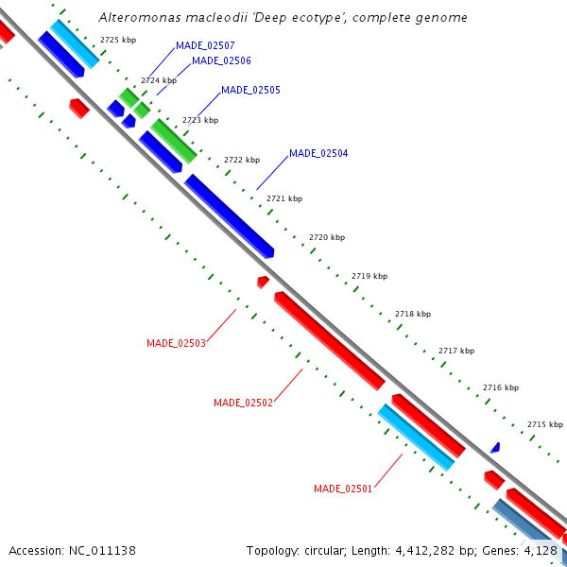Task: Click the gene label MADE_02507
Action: click(x=205, y=45)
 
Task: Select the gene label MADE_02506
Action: click(x=221, y=60)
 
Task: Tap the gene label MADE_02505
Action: click(x=250, y=91)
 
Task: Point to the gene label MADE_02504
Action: click(x=318, y=153)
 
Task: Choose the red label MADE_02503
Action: click(x=176, y=343)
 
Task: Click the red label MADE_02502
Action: click(x=243, y=403)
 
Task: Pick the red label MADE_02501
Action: click(x=343, y=489)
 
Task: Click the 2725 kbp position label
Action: click(x=118, y=40)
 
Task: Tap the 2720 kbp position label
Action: click(x=327, y=237)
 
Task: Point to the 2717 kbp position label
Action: click(x=456, y=351)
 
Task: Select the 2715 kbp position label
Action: click(x=545, y=425)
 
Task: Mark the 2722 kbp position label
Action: click(x=242, y=161)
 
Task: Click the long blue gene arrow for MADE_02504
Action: click(x=230, y=215)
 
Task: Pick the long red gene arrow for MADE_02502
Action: click(x=329, y=340)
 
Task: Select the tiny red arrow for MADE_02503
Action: click(x=263, y=282)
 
